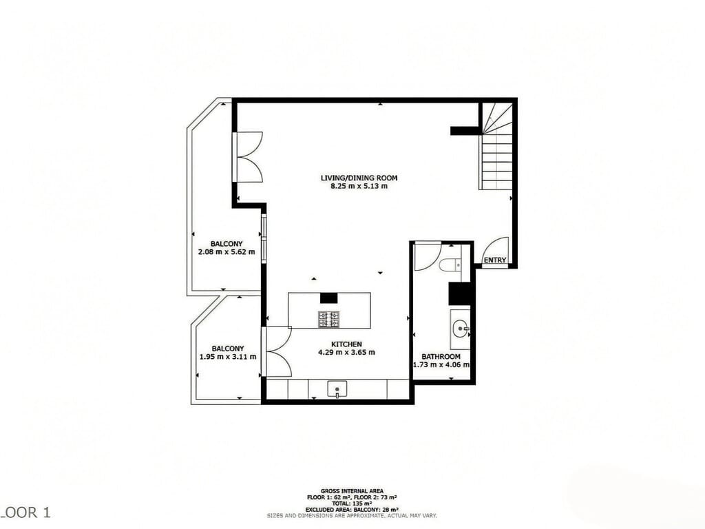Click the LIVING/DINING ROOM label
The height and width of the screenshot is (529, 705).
(x=359, y=178)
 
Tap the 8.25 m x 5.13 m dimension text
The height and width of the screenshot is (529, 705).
(x=359, y=186)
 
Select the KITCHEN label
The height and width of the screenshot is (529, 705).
(x=346, y=344)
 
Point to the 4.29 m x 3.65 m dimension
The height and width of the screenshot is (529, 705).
(x=346, y=352)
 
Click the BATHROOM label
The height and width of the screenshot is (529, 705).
(x=441, y=357)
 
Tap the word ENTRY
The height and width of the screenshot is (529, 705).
(x=494, y=260)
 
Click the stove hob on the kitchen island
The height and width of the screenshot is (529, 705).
(x=328, y=319)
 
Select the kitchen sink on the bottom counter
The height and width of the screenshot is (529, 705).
(x=337, y=389)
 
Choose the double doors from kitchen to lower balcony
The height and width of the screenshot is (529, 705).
(x=278, y=351)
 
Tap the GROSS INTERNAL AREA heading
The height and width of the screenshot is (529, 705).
(x=352, y=490)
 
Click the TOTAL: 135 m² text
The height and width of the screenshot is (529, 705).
(x=352, y=503)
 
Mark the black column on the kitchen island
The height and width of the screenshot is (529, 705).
(x=329, y=298)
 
